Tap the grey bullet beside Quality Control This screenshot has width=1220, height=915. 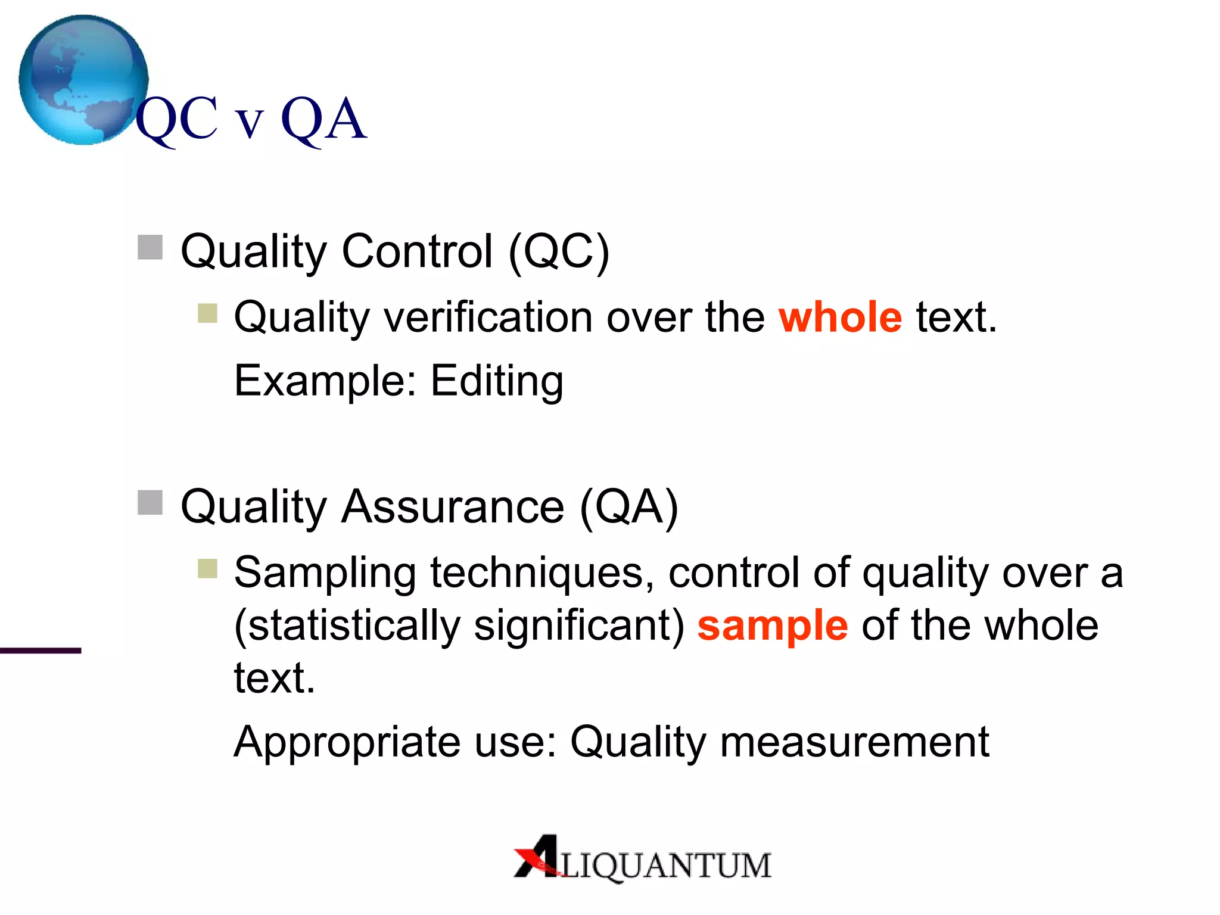pos(150,247)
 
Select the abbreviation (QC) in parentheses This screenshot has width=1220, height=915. pos(559,251)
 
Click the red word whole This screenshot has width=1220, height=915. pos(840,317)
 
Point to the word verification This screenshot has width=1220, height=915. pos(488,317)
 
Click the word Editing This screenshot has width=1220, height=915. pos(497,381)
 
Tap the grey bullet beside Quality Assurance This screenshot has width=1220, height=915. pos(150,502)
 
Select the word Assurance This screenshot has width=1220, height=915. pos(452,507)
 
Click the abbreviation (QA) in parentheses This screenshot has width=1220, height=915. pos(628,507)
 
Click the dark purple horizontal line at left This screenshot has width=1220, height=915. pos(41,651)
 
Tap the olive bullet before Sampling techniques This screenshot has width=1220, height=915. pos(207,568)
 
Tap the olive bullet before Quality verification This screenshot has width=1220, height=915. pos(207,313)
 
